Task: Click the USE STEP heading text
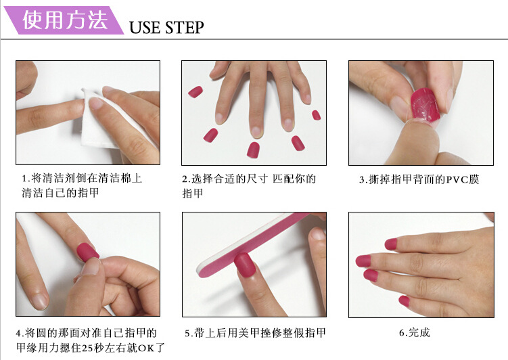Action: pos(166,27)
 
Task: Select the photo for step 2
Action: pos(254,112)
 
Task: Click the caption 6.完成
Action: pos(414,332)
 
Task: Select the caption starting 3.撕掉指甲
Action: pos(419,180)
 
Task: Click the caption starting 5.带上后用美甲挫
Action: pos(254,333)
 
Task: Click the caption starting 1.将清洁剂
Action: pos(81,185)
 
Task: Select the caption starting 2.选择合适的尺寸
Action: pos(248,185)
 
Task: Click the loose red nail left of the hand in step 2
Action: pos(195,91)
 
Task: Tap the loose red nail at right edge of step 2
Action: pos(316,115)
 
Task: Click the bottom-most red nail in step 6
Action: pos(404,300)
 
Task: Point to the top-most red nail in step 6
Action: pos(391,244)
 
